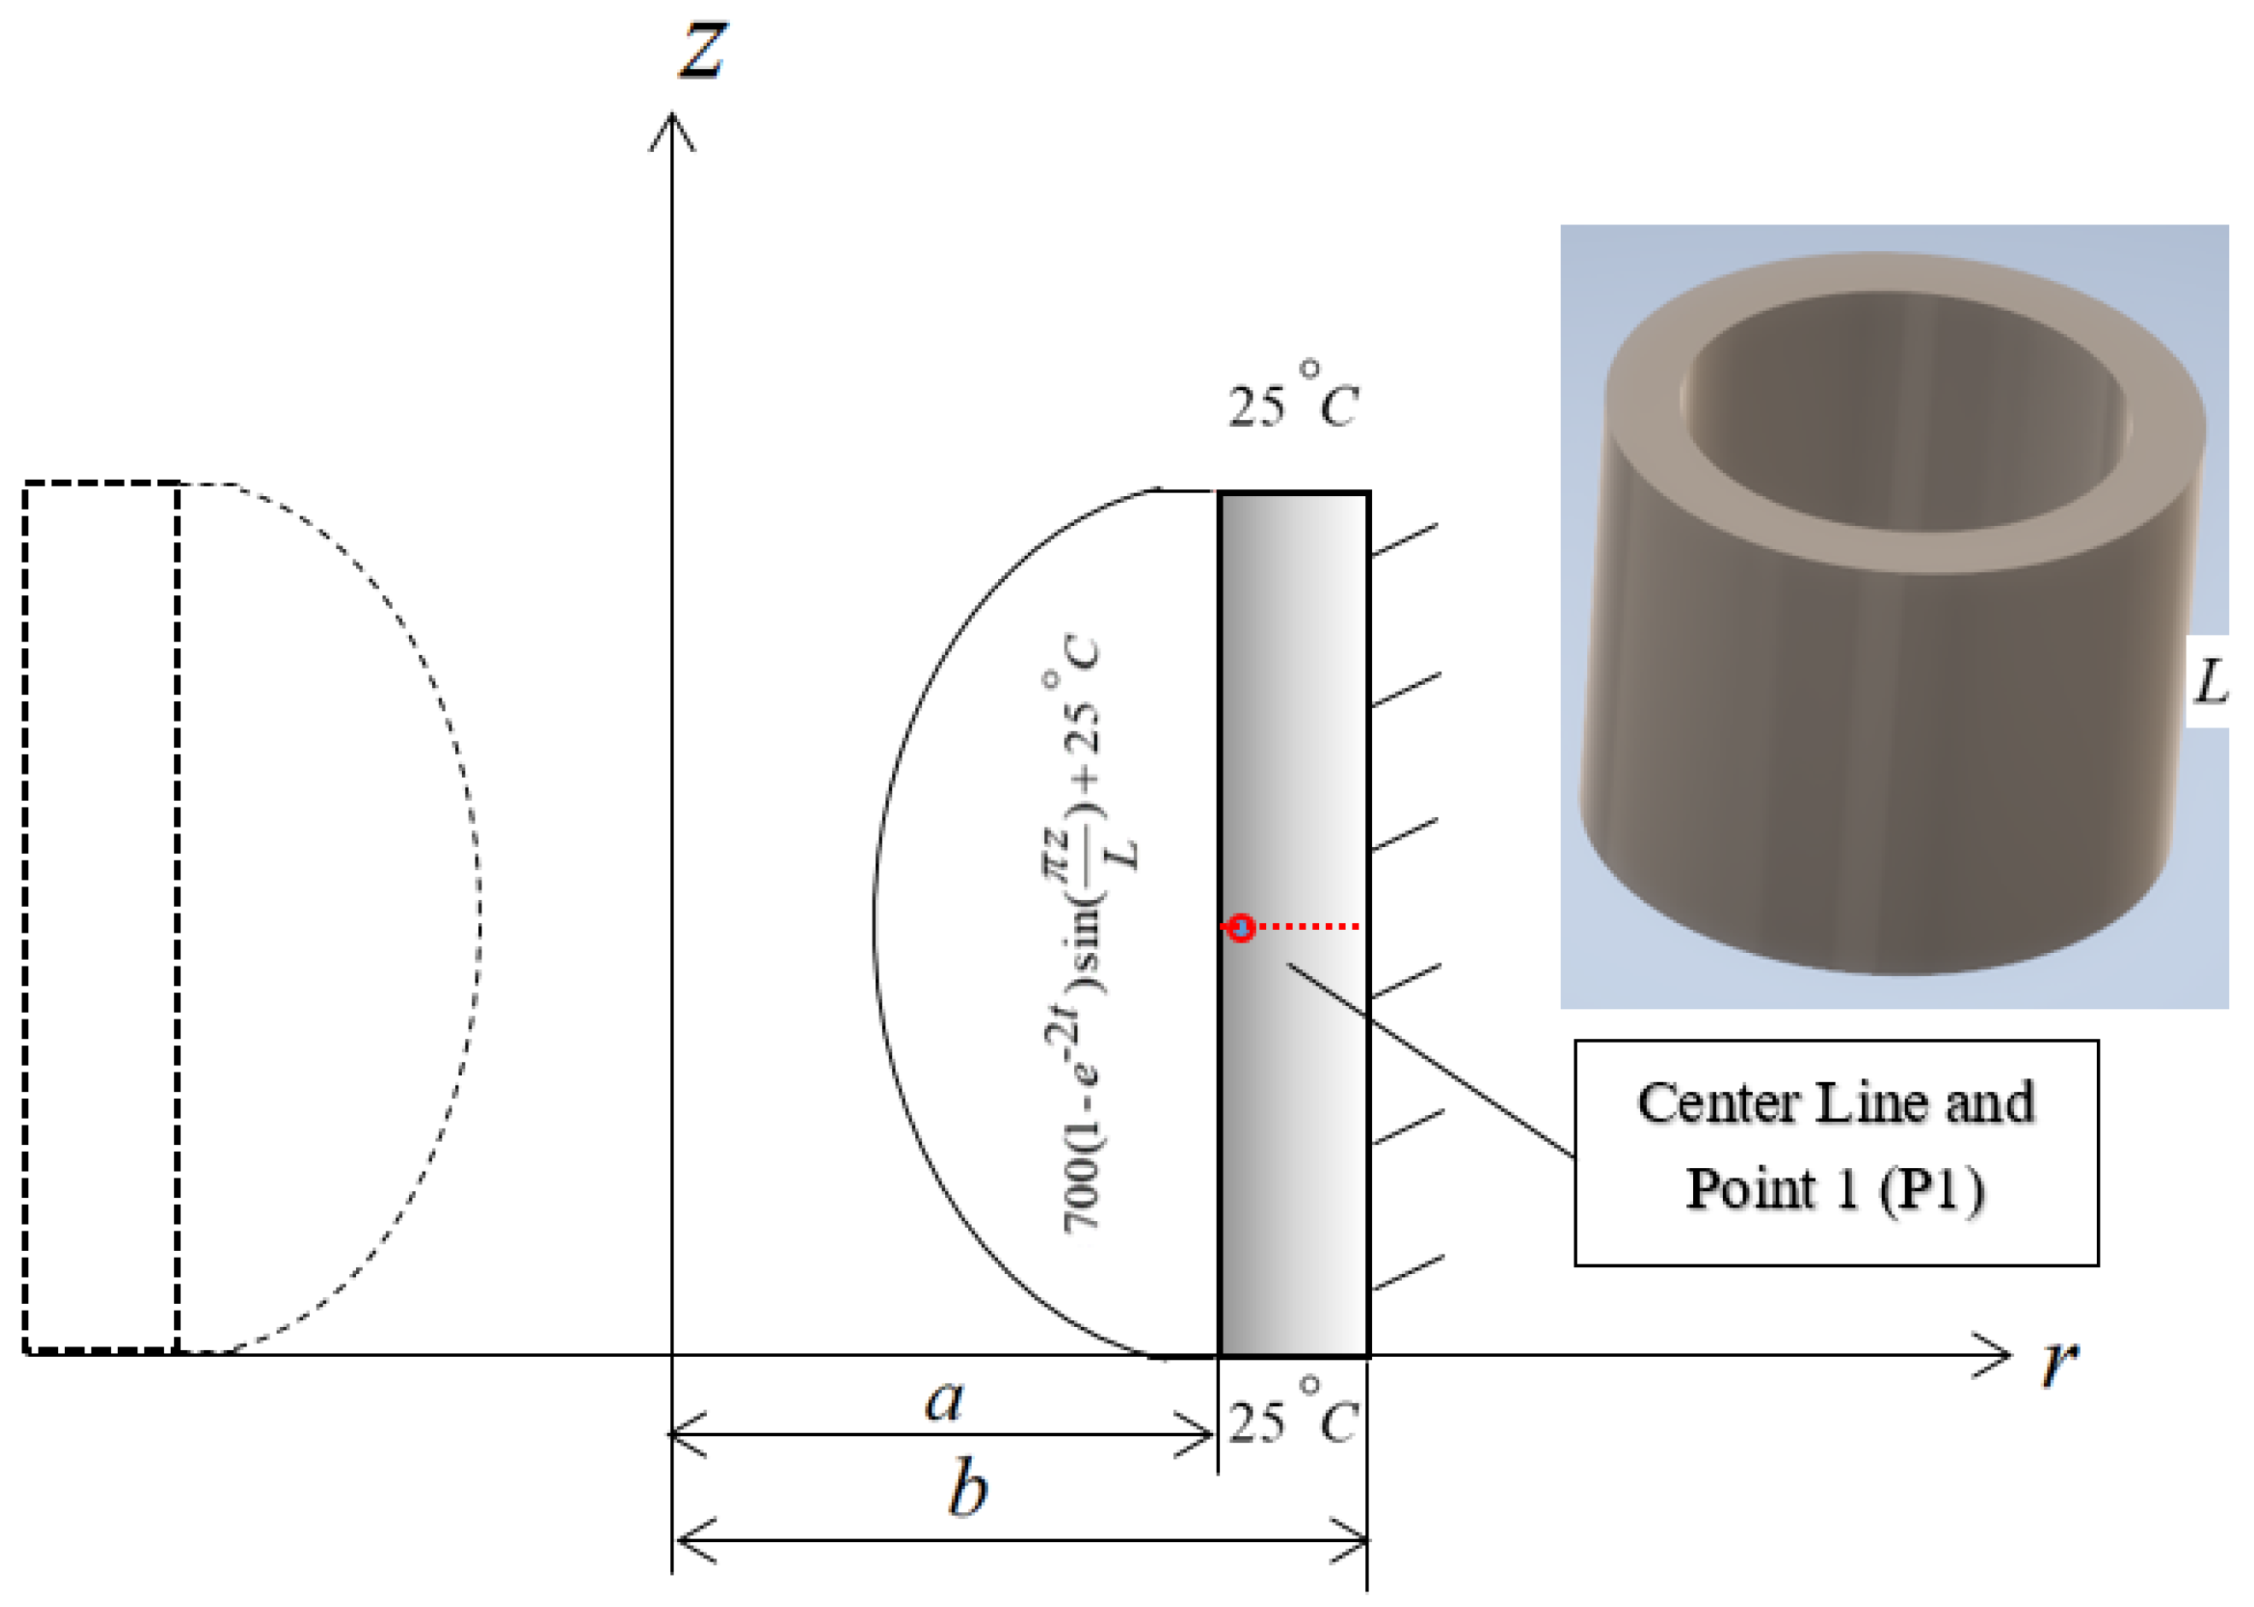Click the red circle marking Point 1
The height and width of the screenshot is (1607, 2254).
[1241, 927]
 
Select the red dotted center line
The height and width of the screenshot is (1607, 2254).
[1306, 927]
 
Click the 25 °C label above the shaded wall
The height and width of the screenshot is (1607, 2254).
[1293, 399]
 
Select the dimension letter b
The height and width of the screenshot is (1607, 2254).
[967, 1489]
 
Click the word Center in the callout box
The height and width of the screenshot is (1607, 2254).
[1717, 1103]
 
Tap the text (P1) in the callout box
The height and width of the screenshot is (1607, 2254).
[1930, 1189]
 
